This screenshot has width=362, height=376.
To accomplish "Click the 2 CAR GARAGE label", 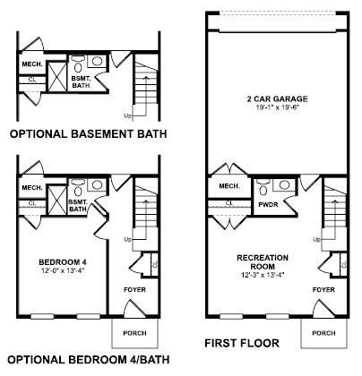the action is pyautogui.click(x=277, y=98).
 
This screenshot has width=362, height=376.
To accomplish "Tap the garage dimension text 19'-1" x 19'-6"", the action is pyautogui.click(x=278, y=107).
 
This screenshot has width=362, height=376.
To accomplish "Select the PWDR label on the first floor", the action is pyautogui.click(x=268, y=205).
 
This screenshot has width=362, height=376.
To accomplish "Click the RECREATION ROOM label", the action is pyautogui.click(x=263, y=261).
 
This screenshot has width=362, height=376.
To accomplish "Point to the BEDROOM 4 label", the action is pyautogui.click(x=63, y=262).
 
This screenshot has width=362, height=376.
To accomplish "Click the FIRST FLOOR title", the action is pyautogui.click(x=242, y=343).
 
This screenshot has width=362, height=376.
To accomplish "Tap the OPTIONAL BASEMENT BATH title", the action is pyautogui.click(x=89, y=133).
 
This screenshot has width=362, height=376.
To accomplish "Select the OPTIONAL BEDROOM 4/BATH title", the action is pyautogui.click(x=89, y=360).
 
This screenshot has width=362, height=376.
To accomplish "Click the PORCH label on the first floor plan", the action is pyautogui.click(x=323, y=333).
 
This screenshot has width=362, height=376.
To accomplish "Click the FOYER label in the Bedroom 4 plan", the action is pyautogui.click(x=134, y=289).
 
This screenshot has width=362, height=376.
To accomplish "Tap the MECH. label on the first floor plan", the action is pyautogui.click(x=229, y=186).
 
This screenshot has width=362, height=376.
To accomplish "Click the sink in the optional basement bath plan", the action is pyautogui.click(x=97, y=61).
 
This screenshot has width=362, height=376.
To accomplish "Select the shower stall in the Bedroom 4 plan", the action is pyautogui.click(x=57, y=200).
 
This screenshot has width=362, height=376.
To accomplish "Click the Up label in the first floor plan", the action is pyautogui.click(x=317, y=239).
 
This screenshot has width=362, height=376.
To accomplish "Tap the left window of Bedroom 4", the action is pyautogui.click(x=42, y=316).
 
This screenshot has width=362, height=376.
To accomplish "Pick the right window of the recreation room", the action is pyautogui.click(x=278, y=316).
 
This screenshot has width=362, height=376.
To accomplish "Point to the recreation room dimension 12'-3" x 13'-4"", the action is pyautogui.click(x=263, y=276).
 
